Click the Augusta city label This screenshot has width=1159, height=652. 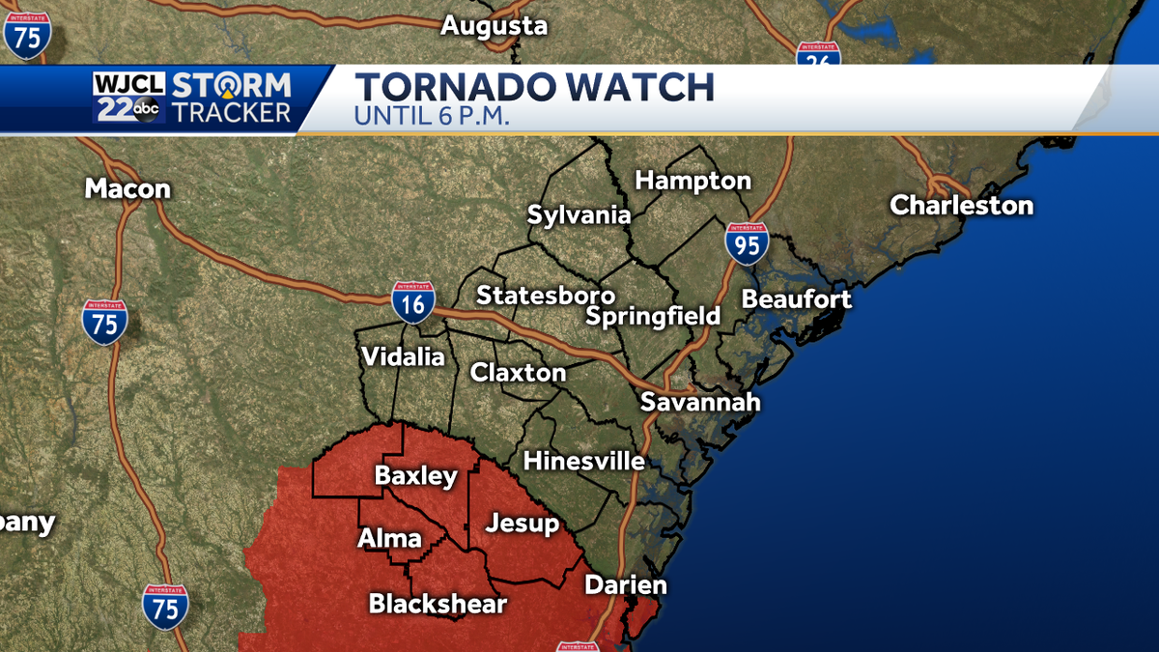(x=494, y=26)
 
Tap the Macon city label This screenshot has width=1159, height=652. (x=127, y=188)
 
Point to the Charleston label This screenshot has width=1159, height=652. (x=961, y=205)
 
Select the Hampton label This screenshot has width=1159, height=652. (x=693, y=181)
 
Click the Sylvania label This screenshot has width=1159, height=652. (x=579, y=215)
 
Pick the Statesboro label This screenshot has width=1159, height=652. (x=546, y=296)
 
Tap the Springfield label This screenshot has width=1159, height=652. (x=653, y=316)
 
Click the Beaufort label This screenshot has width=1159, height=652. (x=797, y=299)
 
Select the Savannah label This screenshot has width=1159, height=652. (x=700, y=402)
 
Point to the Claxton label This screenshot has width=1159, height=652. (x=518, y=372)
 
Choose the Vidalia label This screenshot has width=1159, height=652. (x=403, y=356)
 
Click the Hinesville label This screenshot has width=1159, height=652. (x=583, y=462)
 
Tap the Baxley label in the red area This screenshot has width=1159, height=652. (x=415, y=476)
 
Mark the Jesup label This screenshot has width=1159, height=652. (x=522, y=524)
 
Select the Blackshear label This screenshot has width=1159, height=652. (x=438, y=605)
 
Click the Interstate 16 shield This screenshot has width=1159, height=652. (x=413, y=302)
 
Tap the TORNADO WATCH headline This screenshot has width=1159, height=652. (x=534, y=87)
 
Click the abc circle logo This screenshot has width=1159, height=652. (x=147, y=111)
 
